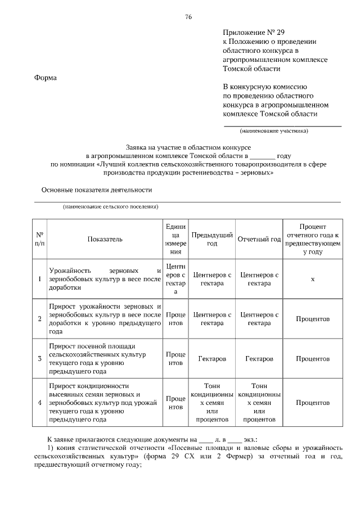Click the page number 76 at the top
pyautogui.click(x=189, y=17)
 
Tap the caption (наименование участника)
pyautogui.click(x=274, y=132)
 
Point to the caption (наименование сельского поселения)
pyautogui.click(x=111, y=207)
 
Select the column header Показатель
pyautogui.click(x=105, y=239)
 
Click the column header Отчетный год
pyautogui.click(x=259, y=239)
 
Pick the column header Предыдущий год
pyautogui.click(x=212, y=239)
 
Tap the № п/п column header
pyautogui.click(x=39, y=239)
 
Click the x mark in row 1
pyautogui.click(x=312, y=279)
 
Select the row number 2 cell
pyautogui.click(x=39, y=319)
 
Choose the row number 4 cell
pyautogui.click(x=39, y=403)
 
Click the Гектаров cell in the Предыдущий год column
pyautogui.click(x=212, y=358)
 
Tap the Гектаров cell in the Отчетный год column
pyautogui.click(x=259, y=358)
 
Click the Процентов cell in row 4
pyautogui.click(x=312, y=403)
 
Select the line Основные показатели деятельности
pyautogui.click(x=96, y=190)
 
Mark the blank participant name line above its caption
pyautogui.click(x=282, y=125)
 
